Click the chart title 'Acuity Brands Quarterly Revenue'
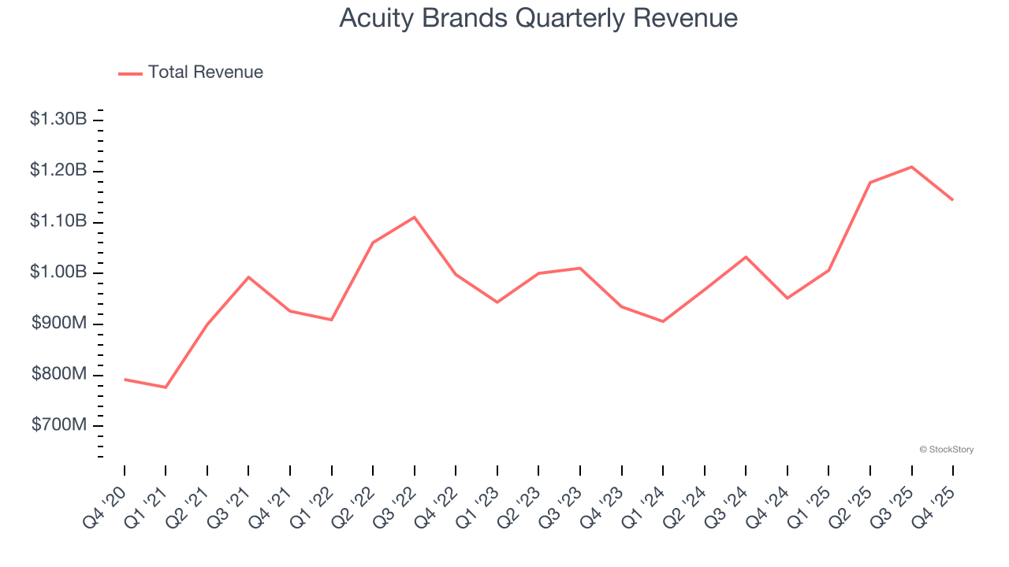tap(538, 18)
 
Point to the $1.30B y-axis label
tap(58, 120)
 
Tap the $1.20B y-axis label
tap(58, 171)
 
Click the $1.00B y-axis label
tap(58, 272)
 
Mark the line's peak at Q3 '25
tap(911, 167)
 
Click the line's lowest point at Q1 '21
tap(166, 387)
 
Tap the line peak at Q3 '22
tap(415, 217)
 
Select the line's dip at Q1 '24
tap(663, 321)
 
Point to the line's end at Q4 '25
tap(952, 200)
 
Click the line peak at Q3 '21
tap(248, 277)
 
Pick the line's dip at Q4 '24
tap(787, 298)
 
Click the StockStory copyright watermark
tap(946, 450)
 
